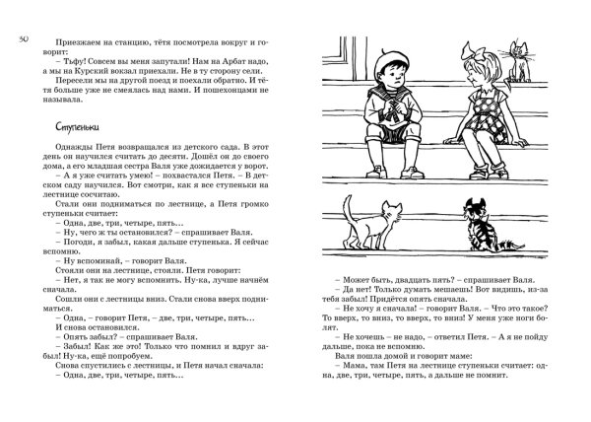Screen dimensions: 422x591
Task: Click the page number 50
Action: (24, 37)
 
